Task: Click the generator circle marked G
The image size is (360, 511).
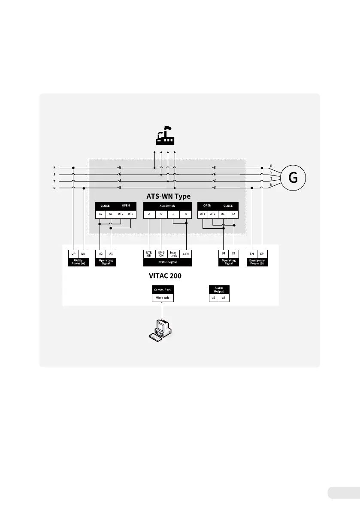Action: pyautogui.click(x=293, y=177)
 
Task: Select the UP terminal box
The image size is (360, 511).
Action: pyautogui.click(x=73, y=254)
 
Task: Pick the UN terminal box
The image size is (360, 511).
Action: pyautogui.click(x=84, y=254)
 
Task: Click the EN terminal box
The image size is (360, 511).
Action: pyautogui.click(x=252, y=254)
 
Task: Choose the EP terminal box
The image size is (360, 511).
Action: pyautogui.click(x=262, y=254)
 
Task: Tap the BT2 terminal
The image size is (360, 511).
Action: pyautogui.click(x=121, y=213)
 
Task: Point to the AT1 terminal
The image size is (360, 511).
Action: pyautogui.click(x=203, y=213)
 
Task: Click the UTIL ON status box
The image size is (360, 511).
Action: pyautogui.click(x=148, y=254)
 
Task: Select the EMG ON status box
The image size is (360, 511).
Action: pyautogui.click(x=161, y=254)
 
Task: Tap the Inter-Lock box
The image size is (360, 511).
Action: pyautogui.click(x=173, y=254)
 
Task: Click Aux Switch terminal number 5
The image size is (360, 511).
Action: pyautogui.click(x=161, y=213)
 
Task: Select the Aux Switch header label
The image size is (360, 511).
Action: pyautogui.click(x=167, y=206)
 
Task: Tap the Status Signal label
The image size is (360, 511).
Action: pyautogui.click(x=167, y=261)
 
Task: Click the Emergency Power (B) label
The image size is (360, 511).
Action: pyautogui.click(x=257, y=262)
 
